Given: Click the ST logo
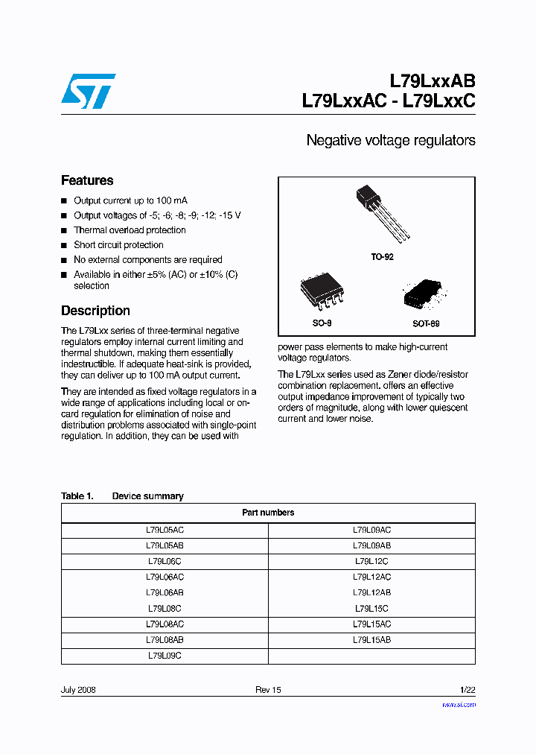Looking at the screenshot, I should pyautogui.click(x=88, y=91).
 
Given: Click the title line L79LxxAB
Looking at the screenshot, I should pyautogui.click(x=433, y=81).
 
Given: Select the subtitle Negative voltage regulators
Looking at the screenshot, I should pyautogui.click(x=391, y=140).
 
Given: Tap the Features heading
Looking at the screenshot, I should pyautogui.click(x=87, y=180).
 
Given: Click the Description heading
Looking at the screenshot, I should pyautogui.click(x=95, y=311).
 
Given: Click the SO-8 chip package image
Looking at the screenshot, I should pyautogui.click(x=322, y=292).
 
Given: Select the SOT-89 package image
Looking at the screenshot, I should pyautogui.click(x=424, y=296).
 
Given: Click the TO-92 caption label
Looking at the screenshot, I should pyautogui.click(x=382, y=256).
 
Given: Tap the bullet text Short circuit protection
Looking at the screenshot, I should pyautogui.click(x=118, y=245).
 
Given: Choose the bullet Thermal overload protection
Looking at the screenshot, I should pyautogui.click(x=130, y=230).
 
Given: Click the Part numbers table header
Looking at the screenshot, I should pyautogui.click(x=268, y=513).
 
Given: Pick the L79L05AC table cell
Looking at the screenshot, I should pyautogui.click(x=165, y=530).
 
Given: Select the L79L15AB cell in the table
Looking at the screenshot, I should pyautogui.click(x=371, y=640).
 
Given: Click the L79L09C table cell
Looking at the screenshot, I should pyautogui.click(x=165, y=656).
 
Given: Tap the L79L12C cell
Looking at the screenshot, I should pyautogui.click(x=371, y=561).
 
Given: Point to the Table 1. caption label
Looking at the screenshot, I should pyautogui.click(x=77, y=496).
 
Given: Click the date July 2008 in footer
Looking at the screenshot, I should pyautogui.click(x=78, y=690).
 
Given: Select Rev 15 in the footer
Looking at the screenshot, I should pyautogui.click(x=268, y=690).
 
